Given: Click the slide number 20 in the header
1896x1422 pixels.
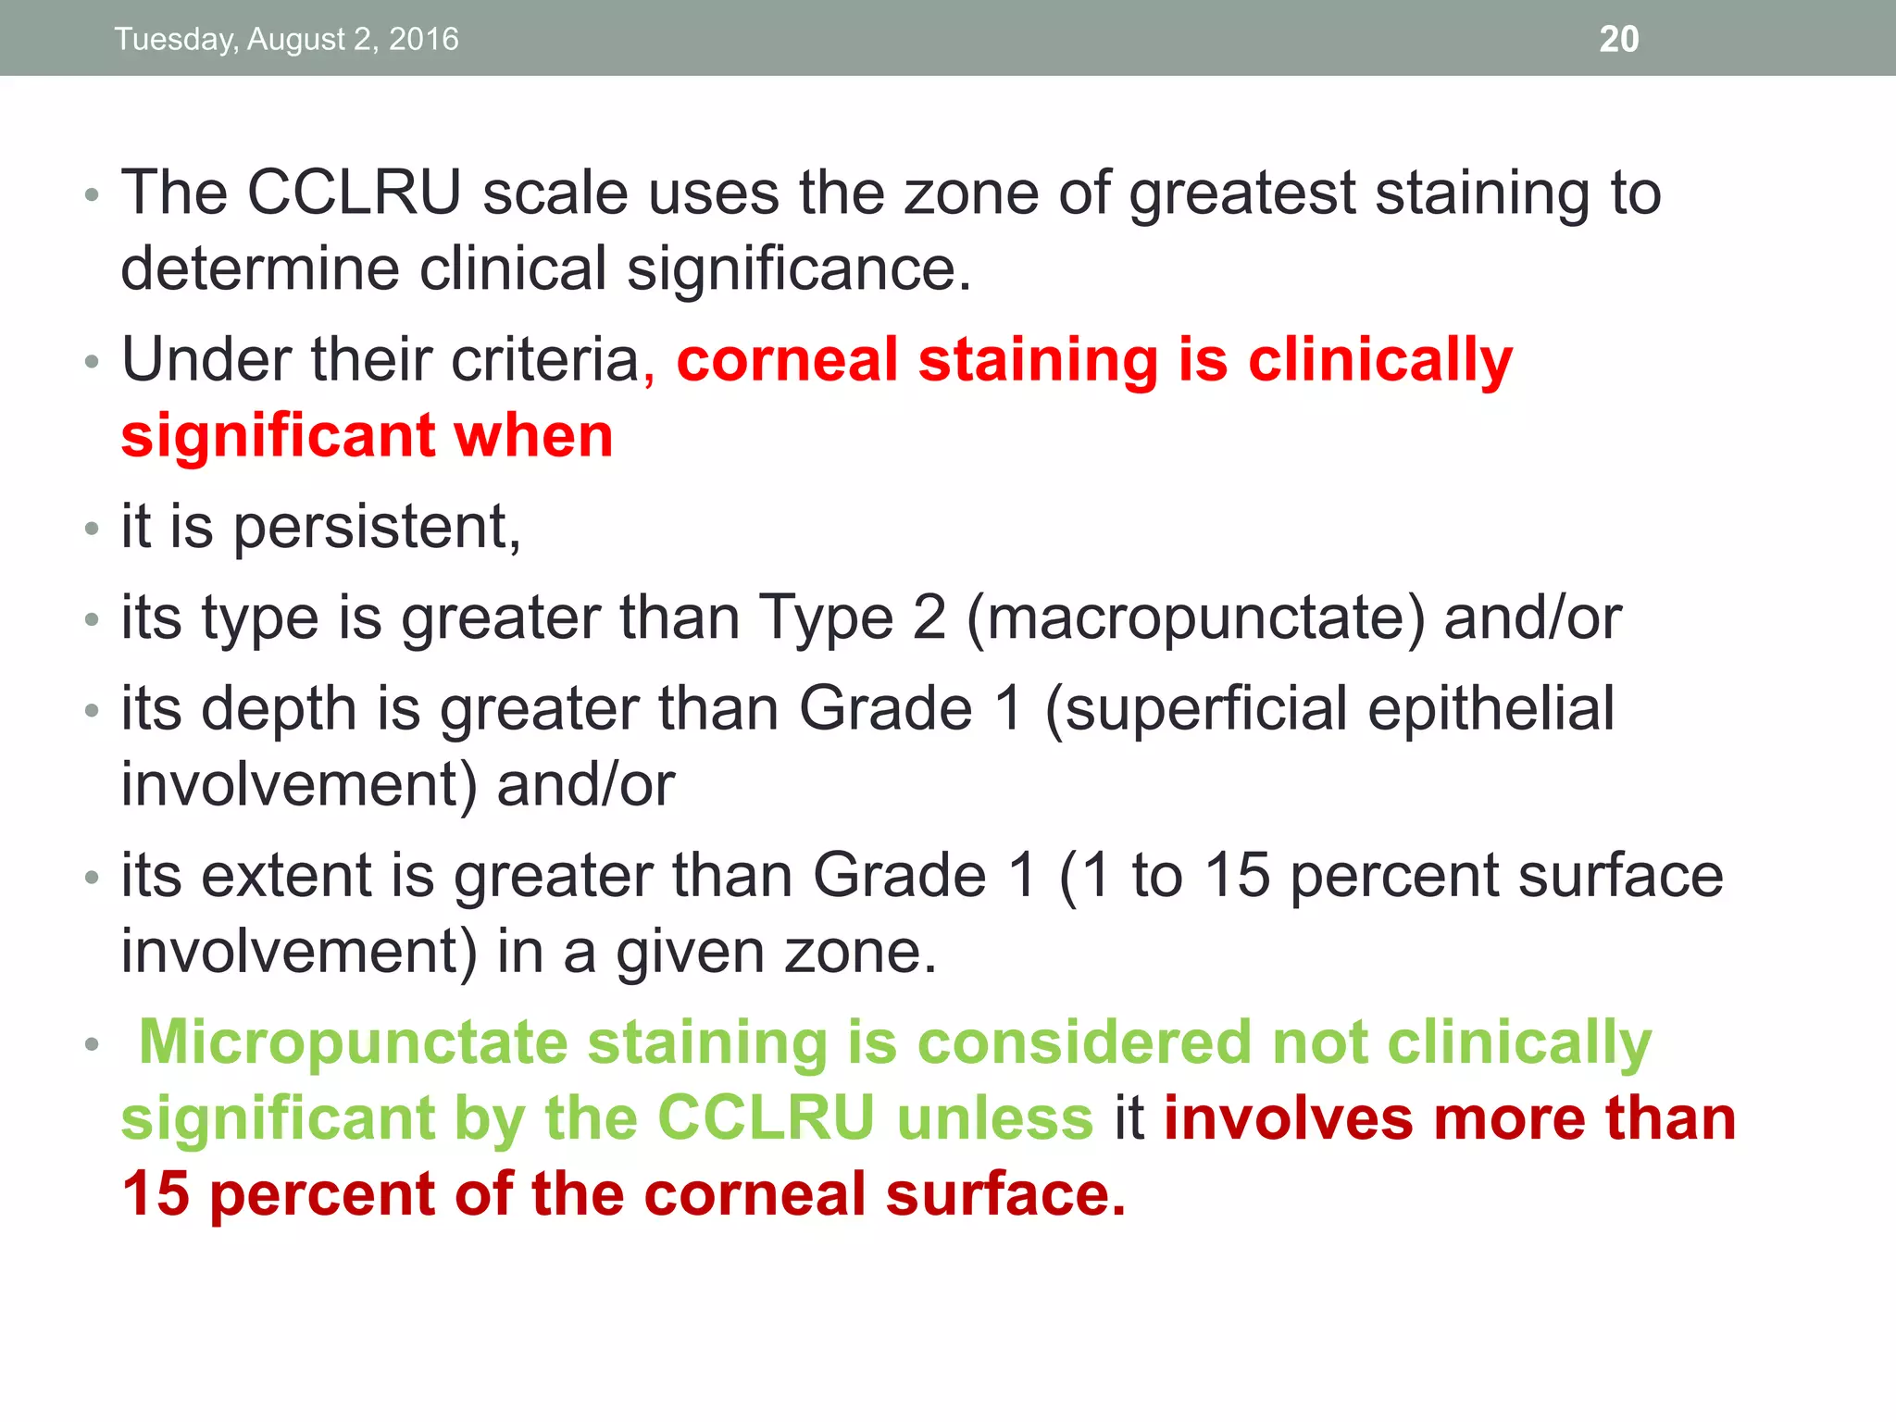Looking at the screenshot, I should pos(1618,39).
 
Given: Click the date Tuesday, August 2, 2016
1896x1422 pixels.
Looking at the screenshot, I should pos(286,39).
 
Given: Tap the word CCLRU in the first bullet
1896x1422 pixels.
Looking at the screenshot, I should pos(355,193).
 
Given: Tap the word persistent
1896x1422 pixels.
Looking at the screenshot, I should pos(375,528).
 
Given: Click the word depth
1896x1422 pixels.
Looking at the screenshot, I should pos(279,709).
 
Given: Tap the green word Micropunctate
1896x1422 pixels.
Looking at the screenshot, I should pos(353,1042).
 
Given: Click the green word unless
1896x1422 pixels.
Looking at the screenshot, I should pos(995,1118).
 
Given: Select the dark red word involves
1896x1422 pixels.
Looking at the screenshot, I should pos(1288,1118).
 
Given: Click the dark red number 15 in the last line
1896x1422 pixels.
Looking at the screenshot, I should pos(156,1194).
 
